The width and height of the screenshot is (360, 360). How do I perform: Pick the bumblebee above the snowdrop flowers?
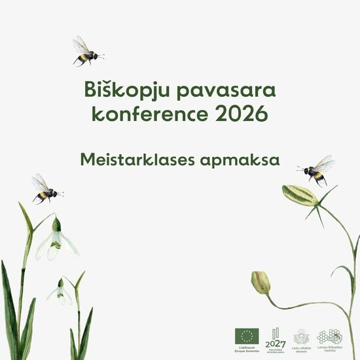[x=45, y=189]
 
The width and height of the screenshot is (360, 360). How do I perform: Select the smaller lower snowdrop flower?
[x=61, y=293]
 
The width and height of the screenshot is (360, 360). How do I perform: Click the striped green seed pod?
[x=299, y=194]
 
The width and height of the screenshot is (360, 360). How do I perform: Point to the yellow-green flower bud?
[x=261, y=282]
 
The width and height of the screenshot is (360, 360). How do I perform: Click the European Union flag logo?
[x=247, y=336]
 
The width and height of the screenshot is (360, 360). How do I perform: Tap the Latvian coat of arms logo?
[x=301, y=336]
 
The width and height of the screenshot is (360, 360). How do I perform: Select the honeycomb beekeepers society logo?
[x=329, y=335]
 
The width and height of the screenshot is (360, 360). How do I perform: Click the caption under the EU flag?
[x=247, y=350]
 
